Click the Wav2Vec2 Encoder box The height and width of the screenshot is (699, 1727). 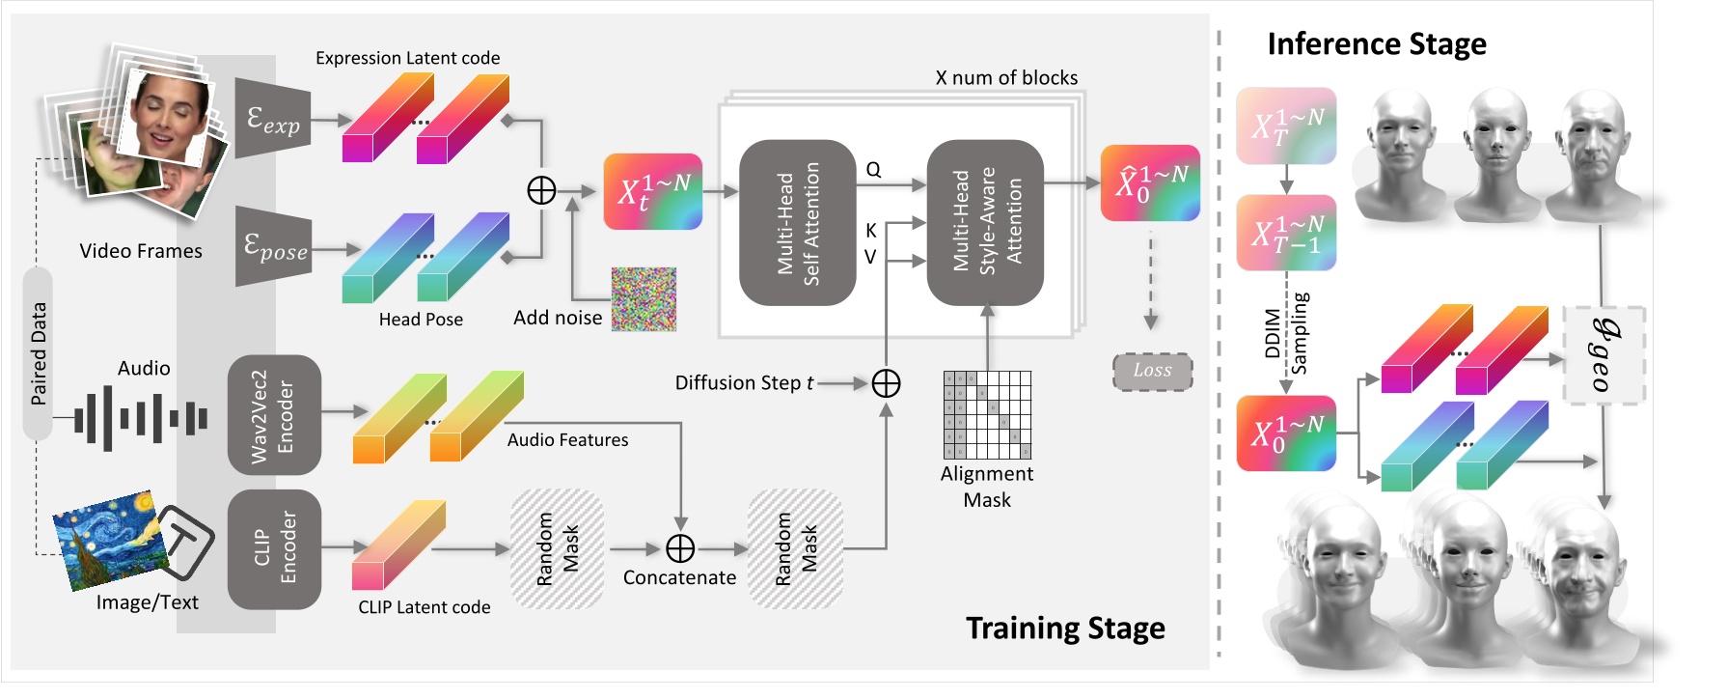(274, 415)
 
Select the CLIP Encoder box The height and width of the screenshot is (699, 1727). (274, 549)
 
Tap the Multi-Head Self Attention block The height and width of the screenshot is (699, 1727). (797, 223)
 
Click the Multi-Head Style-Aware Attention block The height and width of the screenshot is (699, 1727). (985, 223)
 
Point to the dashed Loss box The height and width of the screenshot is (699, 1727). (1152, 371)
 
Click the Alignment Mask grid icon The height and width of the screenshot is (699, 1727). (987, 414)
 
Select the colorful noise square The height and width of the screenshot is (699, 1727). (644, 299)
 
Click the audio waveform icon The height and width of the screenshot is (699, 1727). (141, 419)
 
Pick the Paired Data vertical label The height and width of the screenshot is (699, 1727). (38, 353)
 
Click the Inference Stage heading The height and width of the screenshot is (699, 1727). (1376, 44)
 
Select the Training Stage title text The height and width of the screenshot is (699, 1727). (1065, 629)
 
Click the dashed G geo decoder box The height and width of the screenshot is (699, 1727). (1603, 355)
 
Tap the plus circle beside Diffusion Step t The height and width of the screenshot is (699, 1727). (886, 383)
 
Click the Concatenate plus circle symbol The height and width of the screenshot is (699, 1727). (680, 548)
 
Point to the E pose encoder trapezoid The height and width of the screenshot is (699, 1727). (274, 247)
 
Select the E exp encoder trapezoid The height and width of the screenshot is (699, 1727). (274, 120)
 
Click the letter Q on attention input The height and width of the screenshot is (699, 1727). (873, 170)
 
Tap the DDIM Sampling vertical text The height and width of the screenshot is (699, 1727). (1286, 333)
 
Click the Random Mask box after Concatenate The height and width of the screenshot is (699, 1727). (796, 549)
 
